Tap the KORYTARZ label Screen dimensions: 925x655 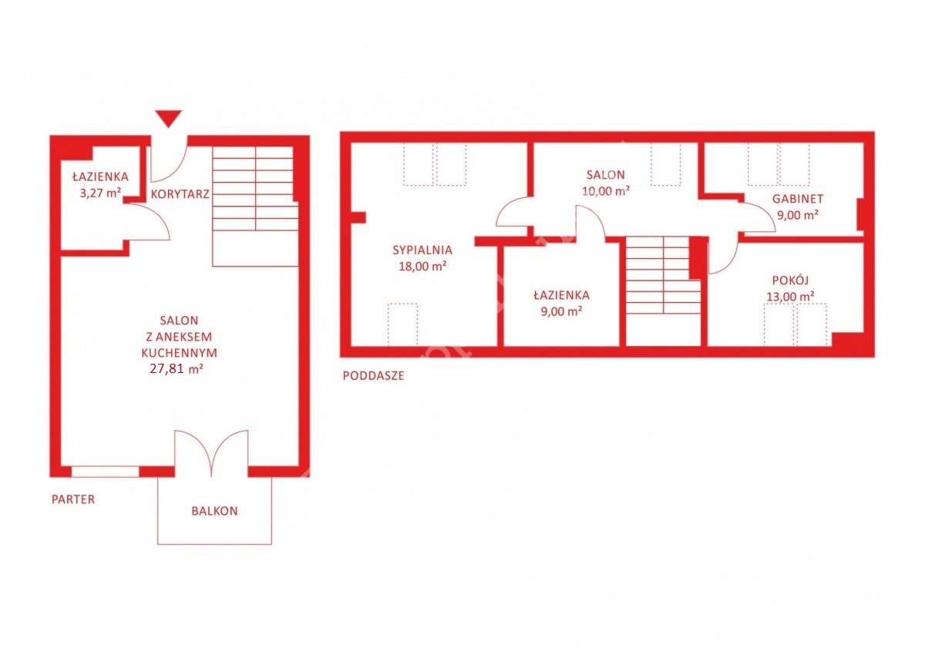pyautogui.click(x=180, y=194)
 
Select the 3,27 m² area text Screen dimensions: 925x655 pyautogui.click(x=100, y=193)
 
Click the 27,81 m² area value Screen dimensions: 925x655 pyautogui.click(x=177, y=368)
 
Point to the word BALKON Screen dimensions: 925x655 pyautogui.click(x=215, y=511)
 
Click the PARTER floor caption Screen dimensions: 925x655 pyautogui.click(x=73, y=499)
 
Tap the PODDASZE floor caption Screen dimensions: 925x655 pyautogui.click(x=373, y=375)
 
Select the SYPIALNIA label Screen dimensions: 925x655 pyautogui.click(x=422, y=250)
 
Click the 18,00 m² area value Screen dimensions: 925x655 pyautogui.click(x=422, y=266)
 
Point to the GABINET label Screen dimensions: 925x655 pyautogui.click(x=798, y=199)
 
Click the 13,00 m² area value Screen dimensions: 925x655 pyautogui.click(x=790, y=297)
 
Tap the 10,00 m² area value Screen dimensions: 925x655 pyautogui.click(x=606, y=190)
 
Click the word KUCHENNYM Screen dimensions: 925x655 pyautogui.click(x=179, y=353)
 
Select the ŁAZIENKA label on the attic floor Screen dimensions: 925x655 pyautogui.click(x=562, y=295)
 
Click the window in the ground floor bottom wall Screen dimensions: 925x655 pyautogui.click(x=106, y=472)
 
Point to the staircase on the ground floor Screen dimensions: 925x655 pyautogui.click(x=255, y=207)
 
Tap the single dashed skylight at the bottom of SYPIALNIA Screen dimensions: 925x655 pyautogui.click(x=402, y=324)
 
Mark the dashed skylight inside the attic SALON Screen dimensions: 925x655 pyautogui.click(x=666, y=164)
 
